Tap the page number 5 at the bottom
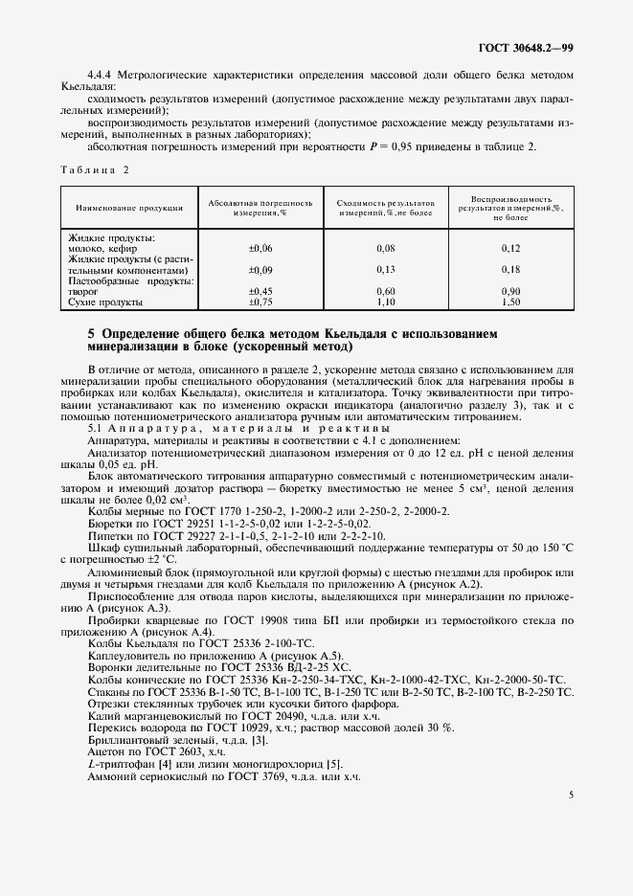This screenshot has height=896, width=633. (x=571, y=794)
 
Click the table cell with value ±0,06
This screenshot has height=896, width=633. (x=260, y=248)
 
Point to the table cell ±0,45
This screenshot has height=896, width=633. (x=260, y=291)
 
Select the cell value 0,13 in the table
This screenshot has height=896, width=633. (x=386, y=270)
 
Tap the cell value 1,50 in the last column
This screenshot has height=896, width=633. (x=510, y=302)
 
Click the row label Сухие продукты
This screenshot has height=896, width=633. (x=105, y=302)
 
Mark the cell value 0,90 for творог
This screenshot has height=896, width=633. (x=510, y=291)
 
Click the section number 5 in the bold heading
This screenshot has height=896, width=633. (x=91, y=334)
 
